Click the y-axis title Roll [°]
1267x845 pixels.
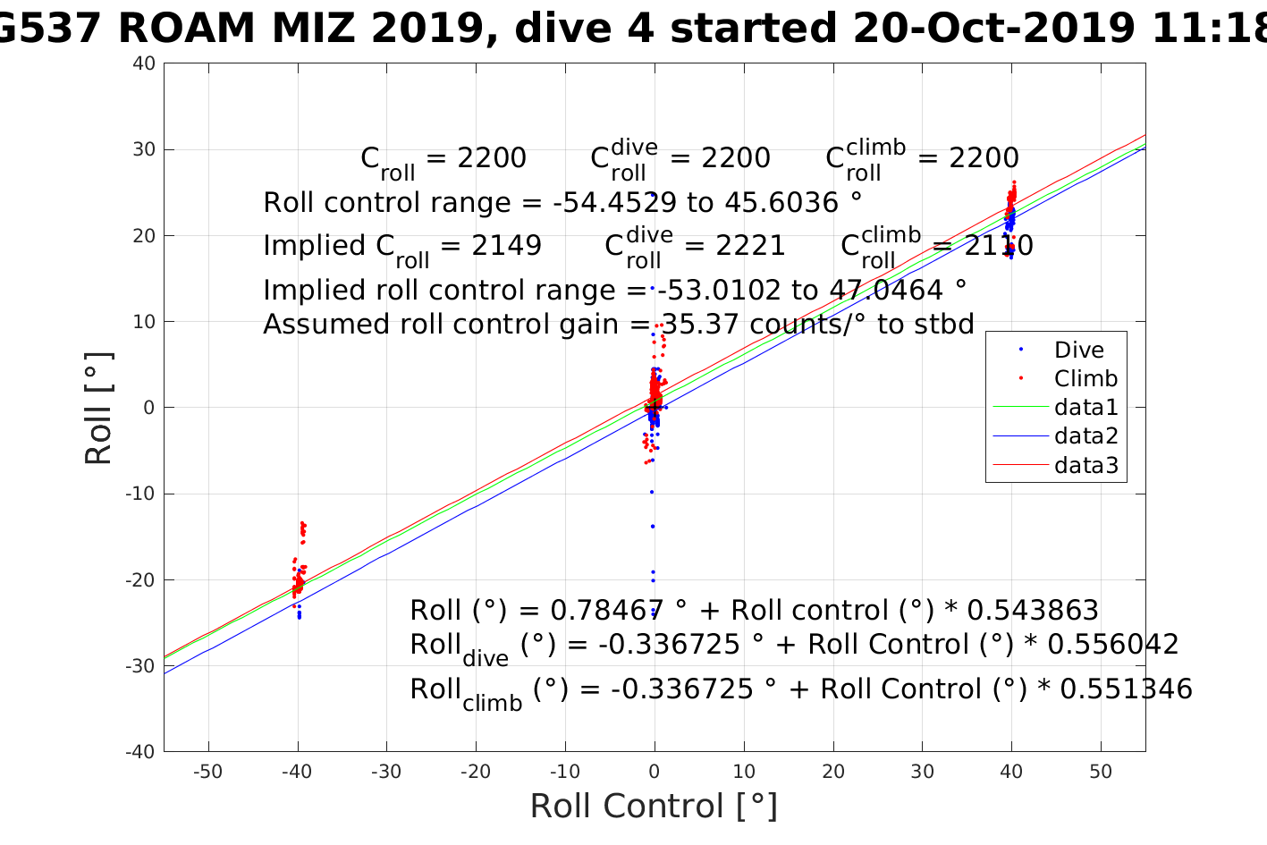98,408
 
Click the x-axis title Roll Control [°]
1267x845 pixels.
654,806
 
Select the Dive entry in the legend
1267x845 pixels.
1078,351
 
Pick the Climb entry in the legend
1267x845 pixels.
1085,379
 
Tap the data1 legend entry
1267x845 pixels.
1085,408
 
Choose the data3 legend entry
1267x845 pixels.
1085,465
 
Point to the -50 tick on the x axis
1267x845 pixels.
208,772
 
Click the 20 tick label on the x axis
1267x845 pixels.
832,772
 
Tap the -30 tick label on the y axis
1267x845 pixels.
141,666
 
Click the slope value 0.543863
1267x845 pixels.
1033,611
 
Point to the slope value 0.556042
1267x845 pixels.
1113,645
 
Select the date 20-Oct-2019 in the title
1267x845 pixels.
992,29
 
